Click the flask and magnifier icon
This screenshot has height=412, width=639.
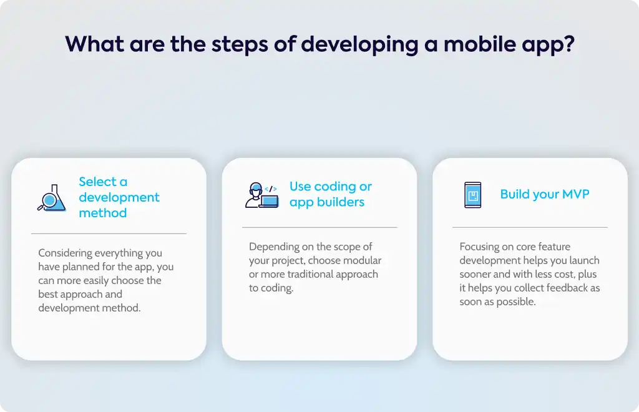point(52,198)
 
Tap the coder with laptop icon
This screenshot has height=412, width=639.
point(262,195)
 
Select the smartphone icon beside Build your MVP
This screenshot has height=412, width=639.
point(473,195)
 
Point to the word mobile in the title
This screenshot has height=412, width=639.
point(480,44)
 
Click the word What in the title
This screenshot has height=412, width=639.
point(95,44)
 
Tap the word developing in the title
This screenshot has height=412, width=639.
point(359,45)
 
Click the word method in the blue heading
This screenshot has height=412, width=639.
point(103,213)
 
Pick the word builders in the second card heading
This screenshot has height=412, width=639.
point(341,202)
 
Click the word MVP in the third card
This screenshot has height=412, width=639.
point(575,194)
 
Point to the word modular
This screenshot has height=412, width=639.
point(364,260)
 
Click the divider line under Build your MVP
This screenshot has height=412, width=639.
point(530,227)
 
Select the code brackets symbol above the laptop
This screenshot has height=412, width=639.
point(271,189)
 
